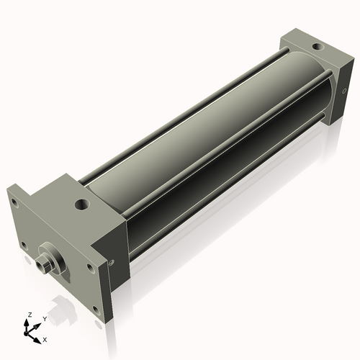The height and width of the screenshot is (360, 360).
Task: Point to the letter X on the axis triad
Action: [x=45, y=338]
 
